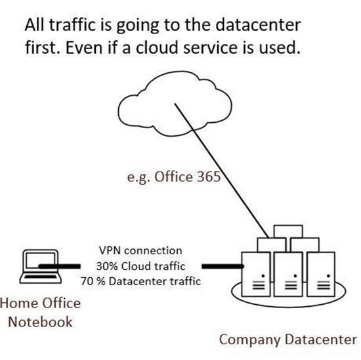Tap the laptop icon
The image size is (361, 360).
click(x=41, y=267)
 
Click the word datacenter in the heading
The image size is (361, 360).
click(x=258, y=25)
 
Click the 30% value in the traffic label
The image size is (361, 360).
click(x=108, y=266)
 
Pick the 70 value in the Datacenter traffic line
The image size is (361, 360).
click(x=87, y=281)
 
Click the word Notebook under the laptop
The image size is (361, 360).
click(x=40, y=322)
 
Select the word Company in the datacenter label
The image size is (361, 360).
click(x=250, y=340)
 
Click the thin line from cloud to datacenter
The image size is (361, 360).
click(x=221, y=171)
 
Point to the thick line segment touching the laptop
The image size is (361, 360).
click(x=59, y=267)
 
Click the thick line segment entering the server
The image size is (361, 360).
click(x=223, y=267)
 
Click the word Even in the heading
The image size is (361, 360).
click(x=84, y=48)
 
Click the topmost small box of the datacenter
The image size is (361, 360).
click(x=288, y=231)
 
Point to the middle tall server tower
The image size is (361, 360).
click(x=288, y=274)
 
